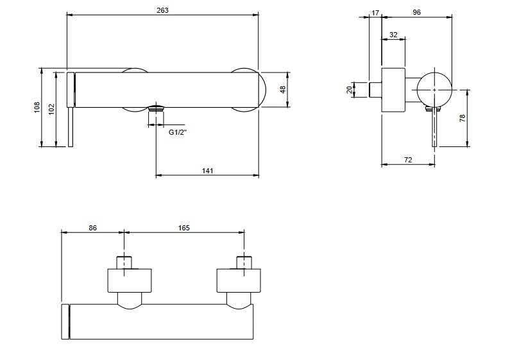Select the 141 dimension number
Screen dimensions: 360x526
(x=207, y=170)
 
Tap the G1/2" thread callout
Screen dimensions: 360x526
(x=178, y=133)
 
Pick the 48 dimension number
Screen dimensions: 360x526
(x=282, y=90)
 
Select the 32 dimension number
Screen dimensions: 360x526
(x=393, y=35)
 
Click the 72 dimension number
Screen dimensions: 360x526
(x=407, y=159)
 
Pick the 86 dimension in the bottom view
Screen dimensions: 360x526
(x=92, y=227)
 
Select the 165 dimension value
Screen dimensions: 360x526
(x=183, y=227)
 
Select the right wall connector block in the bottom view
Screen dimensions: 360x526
(x=240, y=280)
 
